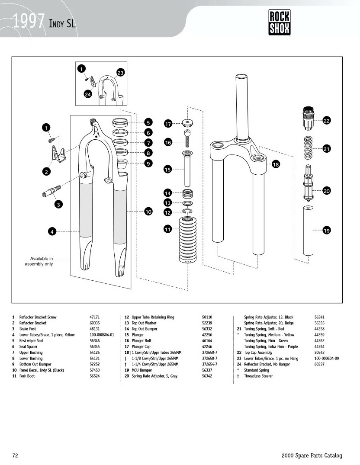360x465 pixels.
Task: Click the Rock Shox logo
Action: coord(280,23)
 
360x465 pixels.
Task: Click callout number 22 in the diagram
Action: coord(327,121)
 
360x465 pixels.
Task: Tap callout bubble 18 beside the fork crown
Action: coord(276,164)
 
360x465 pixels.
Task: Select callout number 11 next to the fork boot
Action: coord(168,229)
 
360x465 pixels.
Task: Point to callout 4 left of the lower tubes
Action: coord(52,232)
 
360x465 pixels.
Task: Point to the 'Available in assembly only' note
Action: coord(39,261)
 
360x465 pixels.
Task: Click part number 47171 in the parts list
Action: coord(95,317)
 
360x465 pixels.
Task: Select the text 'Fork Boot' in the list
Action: coord(27,376)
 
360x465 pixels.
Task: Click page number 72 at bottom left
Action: coord(15,455)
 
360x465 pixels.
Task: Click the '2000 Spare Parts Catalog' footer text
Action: coord(312,455)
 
